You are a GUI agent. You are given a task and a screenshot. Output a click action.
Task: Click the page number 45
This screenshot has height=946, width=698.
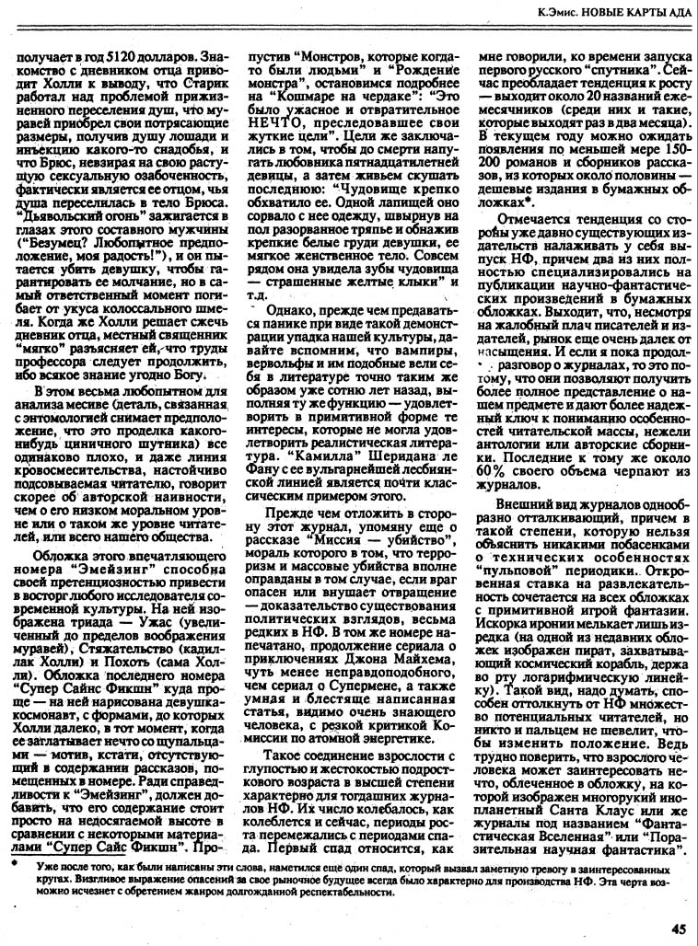pyautogui.click(x=678, y=929)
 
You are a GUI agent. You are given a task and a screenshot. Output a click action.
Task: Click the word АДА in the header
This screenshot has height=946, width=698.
pyautogui.click(x=671, y=14)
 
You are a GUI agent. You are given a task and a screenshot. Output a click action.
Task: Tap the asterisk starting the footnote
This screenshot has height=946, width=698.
pyautogui.click(x=12, y=867)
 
